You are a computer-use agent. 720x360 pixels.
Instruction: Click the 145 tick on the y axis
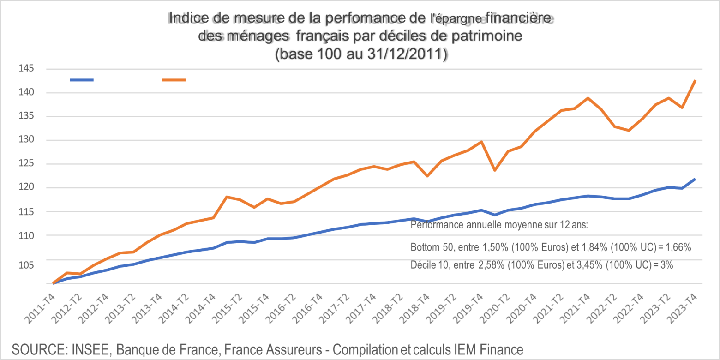pos(27,69)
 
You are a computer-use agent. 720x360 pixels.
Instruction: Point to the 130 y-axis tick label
pos(27,140)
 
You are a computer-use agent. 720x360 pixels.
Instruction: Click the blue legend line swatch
pos(82,80)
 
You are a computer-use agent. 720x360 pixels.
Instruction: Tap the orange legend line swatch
pos(174,80)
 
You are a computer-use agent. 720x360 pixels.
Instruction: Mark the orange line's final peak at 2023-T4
pos(696,80)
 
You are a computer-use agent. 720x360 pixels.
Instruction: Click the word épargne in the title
pos(459,19)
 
